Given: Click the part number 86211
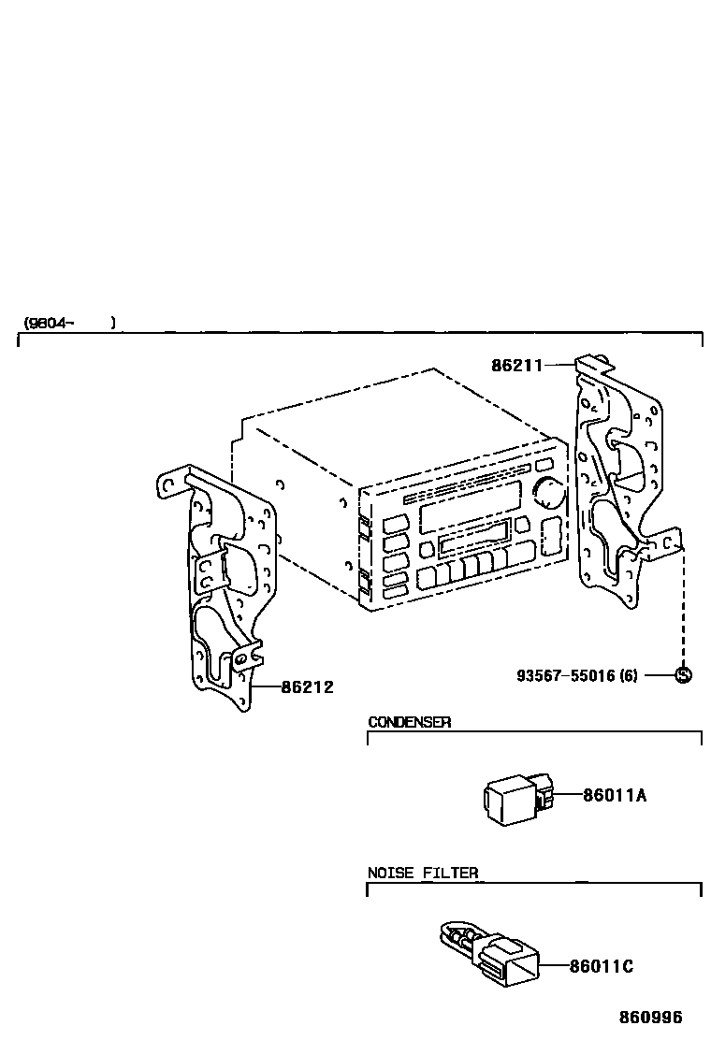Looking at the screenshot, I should tap(516, 366).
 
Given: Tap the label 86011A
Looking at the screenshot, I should tap(615, 796).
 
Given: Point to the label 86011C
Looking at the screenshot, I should tap(601, 966).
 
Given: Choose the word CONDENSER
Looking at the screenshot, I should tap(409, 722).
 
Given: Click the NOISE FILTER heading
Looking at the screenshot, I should tap(422, 874).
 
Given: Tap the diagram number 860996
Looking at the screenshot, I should tap(649, 1018).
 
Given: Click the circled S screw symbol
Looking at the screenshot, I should tap(683, 674).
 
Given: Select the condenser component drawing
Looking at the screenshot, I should tap(515, 798).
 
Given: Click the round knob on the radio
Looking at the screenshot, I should tap(552, 493).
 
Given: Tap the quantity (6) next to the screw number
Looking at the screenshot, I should tap(628, 674).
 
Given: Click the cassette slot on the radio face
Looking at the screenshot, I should tap(473, 542).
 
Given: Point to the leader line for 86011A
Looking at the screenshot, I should tap(568, 796).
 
